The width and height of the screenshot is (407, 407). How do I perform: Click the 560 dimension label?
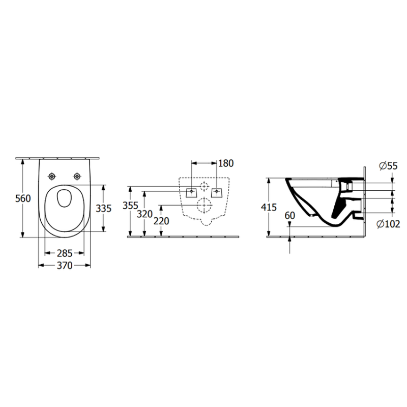point(23,198)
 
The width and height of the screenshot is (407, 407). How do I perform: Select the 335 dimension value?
point(104,209)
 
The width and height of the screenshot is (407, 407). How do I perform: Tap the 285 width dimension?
point(65,253)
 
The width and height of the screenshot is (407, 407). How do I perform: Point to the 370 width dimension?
point(65,266)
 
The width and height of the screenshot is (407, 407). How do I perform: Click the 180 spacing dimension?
point(226,163)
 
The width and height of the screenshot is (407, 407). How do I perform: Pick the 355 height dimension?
point(130,206)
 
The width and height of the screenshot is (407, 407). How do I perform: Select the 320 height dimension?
point(144,214)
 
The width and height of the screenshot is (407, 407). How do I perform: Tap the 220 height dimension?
point(161,221)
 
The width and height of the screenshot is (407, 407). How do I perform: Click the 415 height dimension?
point(269,208)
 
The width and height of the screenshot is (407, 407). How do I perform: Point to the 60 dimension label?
point(289,215)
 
